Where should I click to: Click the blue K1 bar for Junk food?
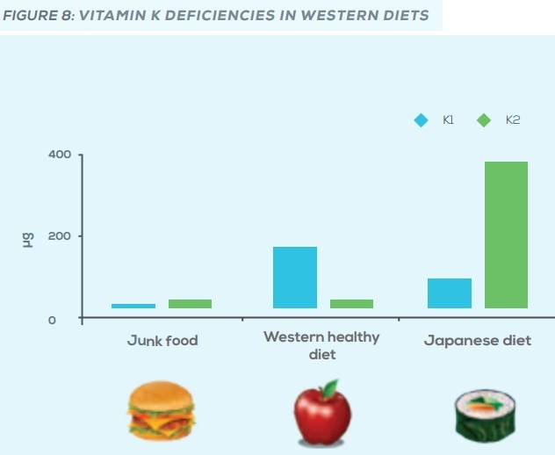point(133,306)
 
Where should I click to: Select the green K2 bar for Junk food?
point(190,304)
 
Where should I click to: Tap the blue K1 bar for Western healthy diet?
point(294,278)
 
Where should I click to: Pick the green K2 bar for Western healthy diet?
point(351,304)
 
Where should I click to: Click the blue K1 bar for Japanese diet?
point(449,293)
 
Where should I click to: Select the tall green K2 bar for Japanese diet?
point(506,235)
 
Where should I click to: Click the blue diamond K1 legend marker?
point(422,120)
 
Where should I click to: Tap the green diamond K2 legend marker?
point(483,120)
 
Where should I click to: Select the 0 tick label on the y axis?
point(52,321)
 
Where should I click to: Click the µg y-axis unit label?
point(27,238)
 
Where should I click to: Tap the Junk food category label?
point(162,341)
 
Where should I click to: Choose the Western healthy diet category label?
point(321,345)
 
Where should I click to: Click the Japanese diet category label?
point(478,341)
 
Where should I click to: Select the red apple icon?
point(321,415)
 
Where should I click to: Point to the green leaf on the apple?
point(329,386)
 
